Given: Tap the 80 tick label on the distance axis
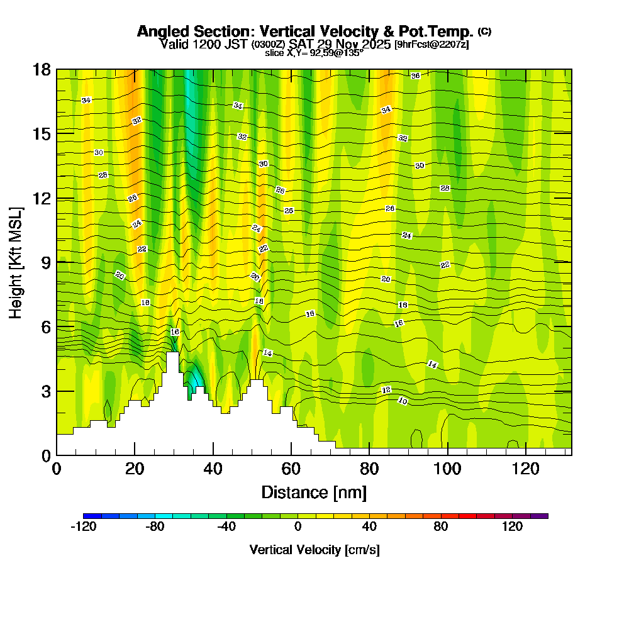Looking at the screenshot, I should click(x=369, y=469).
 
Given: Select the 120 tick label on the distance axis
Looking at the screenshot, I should click(x=526, y=469).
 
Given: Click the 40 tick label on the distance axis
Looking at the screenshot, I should click(x=213, y=469).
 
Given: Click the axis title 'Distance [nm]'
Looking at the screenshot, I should click(x=314, y=492).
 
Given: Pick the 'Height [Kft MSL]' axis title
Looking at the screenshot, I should click(x=16, y=262).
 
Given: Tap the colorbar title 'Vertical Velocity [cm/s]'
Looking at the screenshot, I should click(x=314, y=550).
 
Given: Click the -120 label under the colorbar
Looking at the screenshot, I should click(x=83, y=527).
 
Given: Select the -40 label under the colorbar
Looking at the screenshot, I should click(x=226, y=527).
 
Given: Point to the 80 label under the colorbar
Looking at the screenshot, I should click(x=440, y=527).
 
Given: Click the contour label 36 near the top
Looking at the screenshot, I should click(x=415, y=76).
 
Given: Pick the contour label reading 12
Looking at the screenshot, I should click(x=386, y=391).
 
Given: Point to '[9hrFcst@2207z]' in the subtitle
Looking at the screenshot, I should click(x=431, y=45).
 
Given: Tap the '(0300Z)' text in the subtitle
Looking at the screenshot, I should click(x=269, y=45).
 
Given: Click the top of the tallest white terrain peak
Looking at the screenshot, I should click(x=172, y=353).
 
